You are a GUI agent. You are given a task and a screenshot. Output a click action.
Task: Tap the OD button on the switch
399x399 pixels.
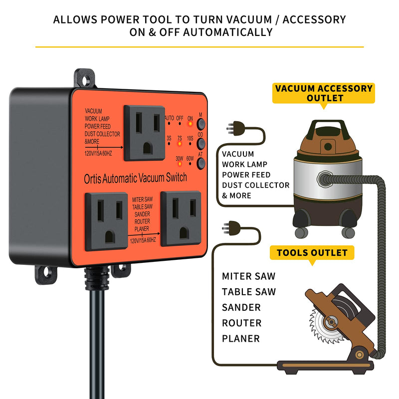point(201,143)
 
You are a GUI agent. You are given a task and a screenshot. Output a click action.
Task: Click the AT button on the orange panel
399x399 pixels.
point(201,164)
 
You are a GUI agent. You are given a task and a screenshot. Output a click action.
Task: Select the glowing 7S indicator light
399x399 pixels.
point(179,143)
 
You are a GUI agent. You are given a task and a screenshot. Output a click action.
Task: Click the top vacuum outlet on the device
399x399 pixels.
point(144,132)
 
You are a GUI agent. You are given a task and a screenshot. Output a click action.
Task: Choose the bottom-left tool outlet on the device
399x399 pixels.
point(106,221)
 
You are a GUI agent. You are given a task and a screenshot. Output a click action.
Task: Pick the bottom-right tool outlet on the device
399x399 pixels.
point(181,218)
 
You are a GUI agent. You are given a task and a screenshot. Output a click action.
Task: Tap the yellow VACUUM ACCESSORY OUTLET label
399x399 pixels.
point(324,93)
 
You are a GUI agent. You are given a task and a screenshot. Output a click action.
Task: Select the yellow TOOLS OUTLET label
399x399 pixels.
point(312,253)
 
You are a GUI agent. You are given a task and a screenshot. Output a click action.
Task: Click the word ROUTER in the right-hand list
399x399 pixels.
point(241,323)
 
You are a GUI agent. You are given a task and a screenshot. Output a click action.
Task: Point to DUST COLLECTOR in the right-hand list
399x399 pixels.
point(256,185)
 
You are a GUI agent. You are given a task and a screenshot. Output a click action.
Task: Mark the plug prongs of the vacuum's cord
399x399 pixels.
point(230,129)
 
